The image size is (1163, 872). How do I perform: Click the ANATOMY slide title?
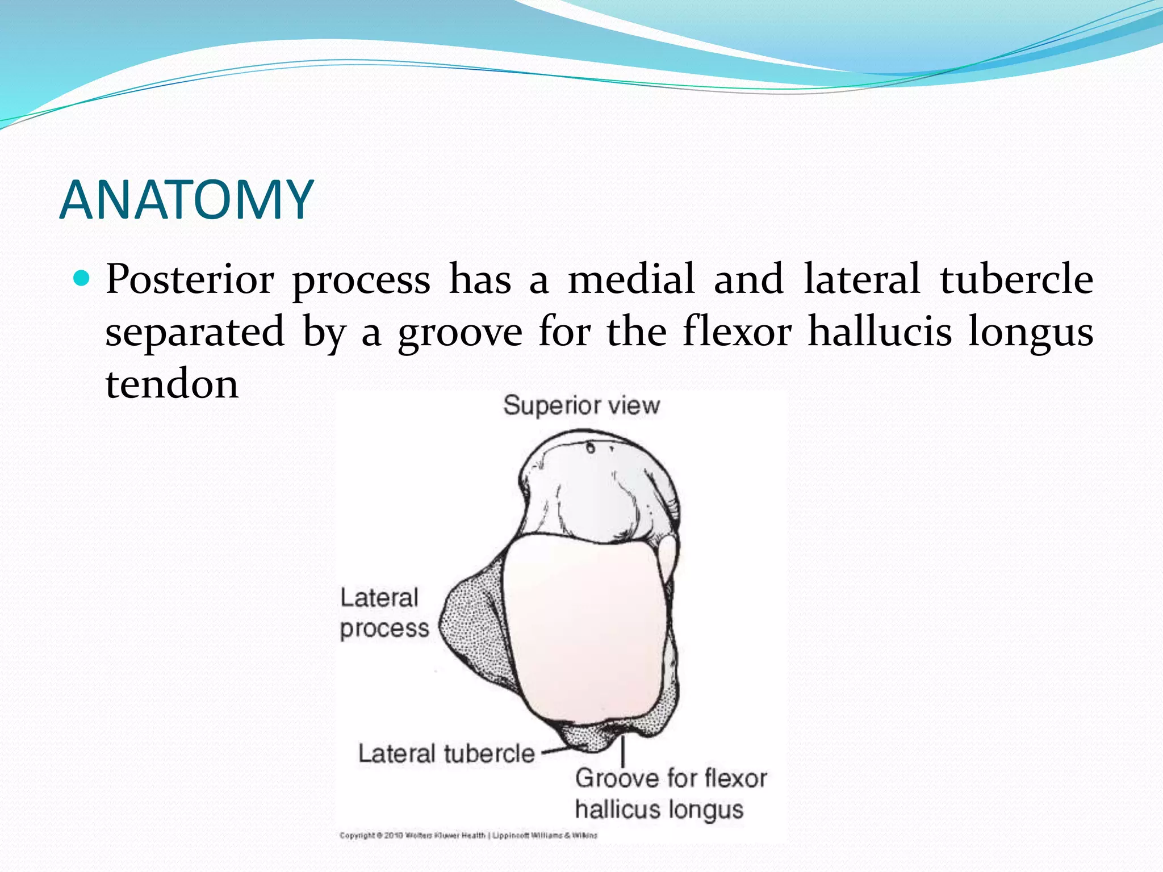(x=186, y=200)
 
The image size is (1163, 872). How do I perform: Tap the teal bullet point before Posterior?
(x=82, y=278)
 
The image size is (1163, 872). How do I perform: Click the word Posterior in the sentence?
(x=190, y=279)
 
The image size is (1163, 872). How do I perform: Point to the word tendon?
(x=172, y=384)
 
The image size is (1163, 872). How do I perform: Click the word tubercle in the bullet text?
(x=1016, y=279)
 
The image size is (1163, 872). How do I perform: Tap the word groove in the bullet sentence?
(x=459, y=333)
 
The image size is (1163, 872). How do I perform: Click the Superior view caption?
(x=581, y=405)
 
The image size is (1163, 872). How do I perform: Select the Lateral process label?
(x=384, y=613)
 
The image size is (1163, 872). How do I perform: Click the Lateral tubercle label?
(x=446, y=754)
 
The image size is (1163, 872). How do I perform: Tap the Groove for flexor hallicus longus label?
(x=670, y=794)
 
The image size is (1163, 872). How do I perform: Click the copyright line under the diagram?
(x=468, y=835)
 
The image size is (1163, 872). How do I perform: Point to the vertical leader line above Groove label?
(x=623, y=751)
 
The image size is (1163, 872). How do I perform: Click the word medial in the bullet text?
(x=631, y=279)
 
